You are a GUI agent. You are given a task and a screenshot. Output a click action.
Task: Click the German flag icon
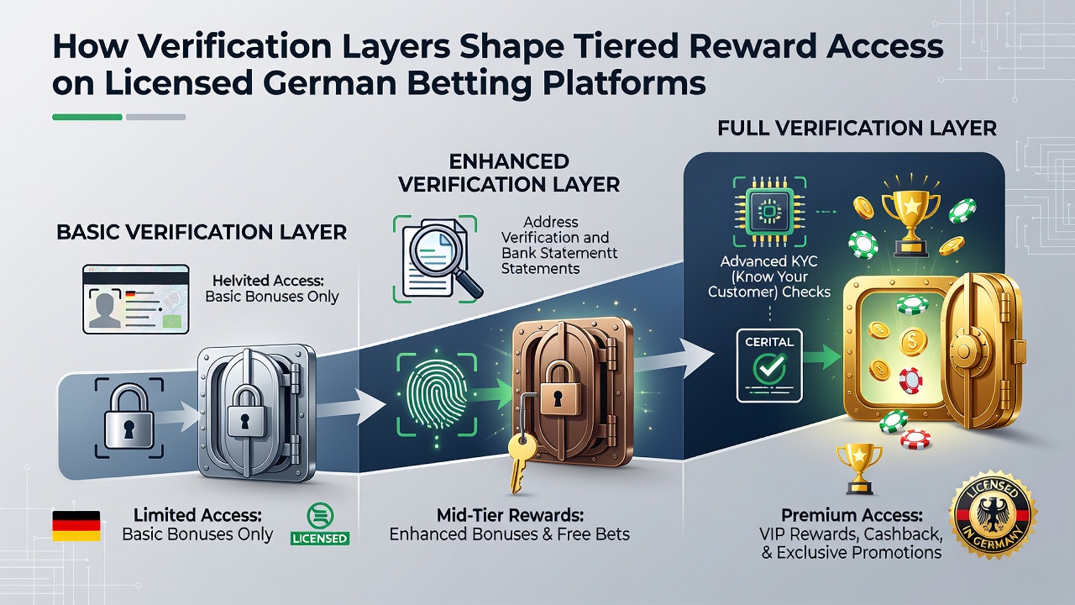point(76,526)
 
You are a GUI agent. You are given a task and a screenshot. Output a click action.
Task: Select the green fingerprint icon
point(436,395)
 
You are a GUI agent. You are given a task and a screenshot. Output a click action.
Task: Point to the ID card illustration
point(136,299)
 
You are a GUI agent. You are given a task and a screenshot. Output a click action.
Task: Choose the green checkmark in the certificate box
point(769,368)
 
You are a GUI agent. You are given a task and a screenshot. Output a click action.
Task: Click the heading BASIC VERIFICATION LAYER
point(202,233)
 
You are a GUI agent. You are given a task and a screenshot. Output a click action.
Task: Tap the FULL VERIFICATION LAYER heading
point(857,129)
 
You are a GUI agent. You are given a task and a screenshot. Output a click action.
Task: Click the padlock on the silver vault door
point(247,413)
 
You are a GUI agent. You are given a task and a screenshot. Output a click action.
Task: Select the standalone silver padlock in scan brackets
point(128,417)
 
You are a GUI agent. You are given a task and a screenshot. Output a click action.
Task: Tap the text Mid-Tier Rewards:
point(510,516)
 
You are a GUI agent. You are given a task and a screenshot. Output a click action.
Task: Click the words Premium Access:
point(852,516)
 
